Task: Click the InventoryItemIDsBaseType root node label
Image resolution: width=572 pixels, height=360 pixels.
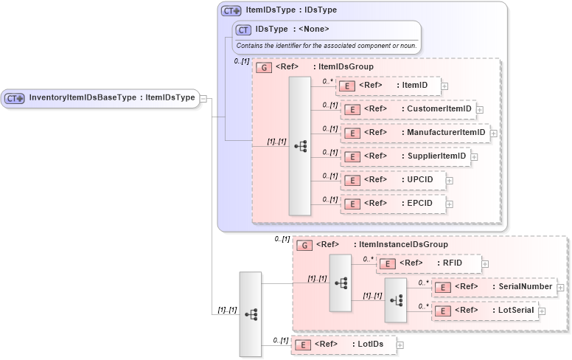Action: [111, 97]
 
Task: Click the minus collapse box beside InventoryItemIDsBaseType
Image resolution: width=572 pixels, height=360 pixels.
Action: [203, 97]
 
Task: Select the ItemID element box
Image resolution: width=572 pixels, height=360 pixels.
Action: [388, 86]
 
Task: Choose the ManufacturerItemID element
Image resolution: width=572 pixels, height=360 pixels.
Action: [414, 133]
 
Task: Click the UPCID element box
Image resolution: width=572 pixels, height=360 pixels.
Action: [391, 180]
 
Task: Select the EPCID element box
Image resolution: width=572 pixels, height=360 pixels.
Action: [391, 203]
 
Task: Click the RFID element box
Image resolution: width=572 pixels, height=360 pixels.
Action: [428, 263]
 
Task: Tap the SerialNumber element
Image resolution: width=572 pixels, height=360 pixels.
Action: [493, 287]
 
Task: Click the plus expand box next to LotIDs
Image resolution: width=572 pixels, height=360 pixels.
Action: [400, 345]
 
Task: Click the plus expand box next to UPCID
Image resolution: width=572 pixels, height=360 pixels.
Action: [449, 180]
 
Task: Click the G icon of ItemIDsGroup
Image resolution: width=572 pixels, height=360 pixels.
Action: [263, 67]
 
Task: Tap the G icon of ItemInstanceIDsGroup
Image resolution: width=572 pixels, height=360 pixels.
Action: [304, 245]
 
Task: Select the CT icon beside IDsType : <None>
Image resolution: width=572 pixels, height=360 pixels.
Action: [243, 30]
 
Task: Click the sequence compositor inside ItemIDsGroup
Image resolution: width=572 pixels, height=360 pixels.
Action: [300, 146]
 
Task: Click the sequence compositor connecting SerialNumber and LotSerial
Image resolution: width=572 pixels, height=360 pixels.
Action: [396, 300]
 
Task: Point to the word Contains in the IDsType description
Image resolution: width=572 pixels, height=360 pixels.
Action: [249, 46]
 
